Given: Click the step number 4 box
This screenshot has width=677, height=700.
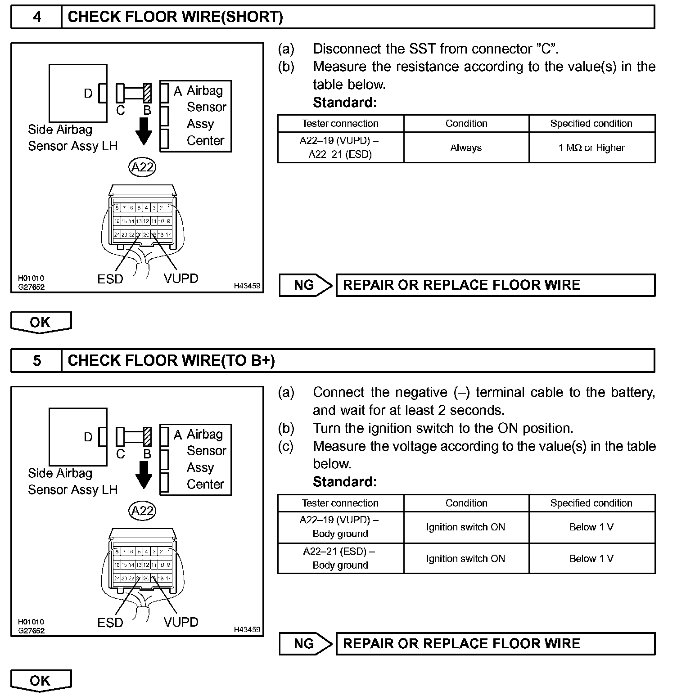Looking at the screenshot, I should [x=36, y=17].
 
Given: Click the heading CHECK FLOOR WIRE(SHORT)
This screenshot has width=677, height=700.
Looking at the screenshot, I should [x=175, y=17].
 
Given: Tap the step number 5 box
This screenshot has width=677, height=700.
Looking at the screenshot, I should [x=36, y=360].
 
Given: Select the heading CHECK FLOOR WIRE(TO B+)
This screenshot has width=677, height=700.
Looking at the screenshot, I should [x=171, y=360].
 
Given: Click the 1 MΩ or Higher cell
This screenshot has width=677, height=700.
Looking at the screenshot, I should [x=591, y=148].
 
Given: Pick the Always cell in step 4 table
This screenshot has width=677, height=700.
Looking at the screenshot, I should [x=466, y=148].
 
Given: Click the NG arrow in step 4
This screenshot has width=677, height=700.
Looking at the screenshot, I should [x=305, y=285].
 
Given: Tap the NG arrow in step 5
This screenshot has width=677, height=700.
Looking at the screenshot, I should [x=305, y=643].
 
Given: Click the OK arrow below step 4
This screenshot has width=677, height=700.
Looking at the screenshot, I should [x=41, y=322].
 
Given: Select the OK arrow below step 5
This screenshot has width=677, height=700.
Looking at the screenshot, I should [x=41, y=680].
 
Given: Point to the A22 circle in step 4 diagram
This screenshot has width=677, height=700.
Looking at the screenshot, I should [x=142, y=167].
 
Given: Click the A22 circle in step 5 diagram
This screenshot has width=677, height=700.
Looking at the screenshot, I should [x=142, y=511].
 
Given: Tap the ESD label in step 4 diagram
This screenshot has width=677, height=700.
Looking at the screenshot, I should [x=110, y=279].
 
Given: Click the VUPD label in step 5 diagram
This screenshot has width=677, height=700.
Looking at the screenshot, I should [x=181, y=622].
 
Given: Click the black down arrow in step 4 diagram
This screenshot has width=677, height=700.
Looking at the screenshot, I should [x=144, y=131].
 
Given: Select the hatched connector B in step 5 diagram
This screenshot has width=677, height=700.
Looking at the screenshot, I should [x=147, y=437].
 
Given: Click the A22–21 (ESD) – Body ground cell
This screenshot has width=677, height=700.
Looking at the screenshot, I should [x=340, y=558].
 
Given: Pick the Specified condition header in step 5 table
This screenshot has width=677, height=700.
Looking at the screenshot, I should [x=591, y=503].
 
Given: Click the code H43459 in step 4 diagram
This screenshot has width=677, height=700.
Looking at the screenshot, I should [x=247, y=286].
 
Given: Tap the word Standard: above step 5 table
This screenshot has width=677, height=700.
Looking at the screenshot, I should [x=344, y=482].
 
